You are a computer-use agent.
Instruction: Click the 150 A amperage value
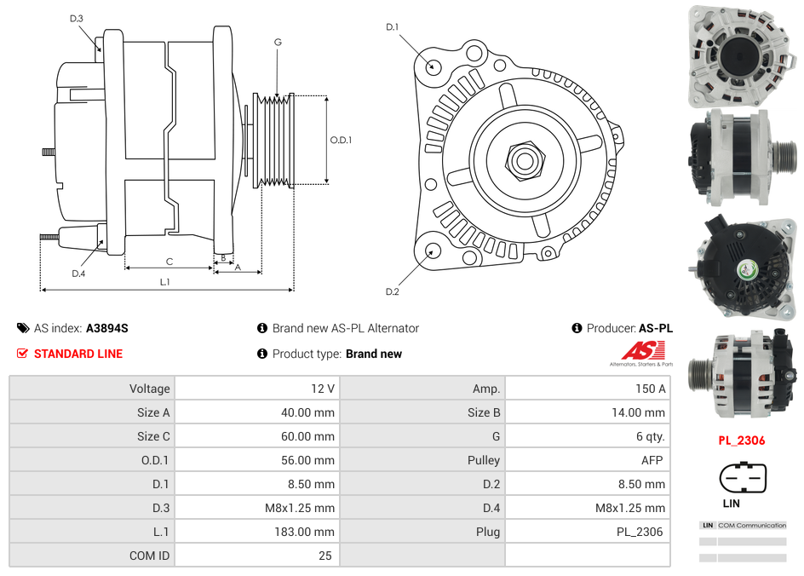click(x=651, y=389)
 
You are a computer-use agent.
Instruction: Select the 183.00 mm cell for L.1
click(x=312, y=532)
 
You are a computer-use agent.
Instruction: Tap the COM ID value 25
click(x=325, y=556)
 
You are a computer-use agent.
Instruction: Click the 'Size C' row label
click(x=153, y=436)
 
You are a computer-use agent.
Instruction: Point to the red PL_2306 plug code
click(x=741, y=441)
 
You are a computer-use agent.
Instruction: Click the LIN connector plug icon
click(x=743, y=478)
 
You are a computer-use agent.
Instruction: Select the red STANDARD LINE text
click(x=78, y=354)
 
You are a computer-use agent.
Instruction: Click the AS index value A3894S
click(x=107, y=328)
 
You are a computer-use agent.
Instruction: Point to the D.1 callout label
click(x=392, y=27)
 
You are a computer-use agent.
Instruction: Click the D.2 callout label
click(x=392, y=292)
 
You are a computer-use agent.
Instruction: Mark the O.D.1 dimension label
click(x=341, y=141)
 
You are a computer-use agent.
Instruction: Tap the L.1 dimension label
click(x=165, y=281)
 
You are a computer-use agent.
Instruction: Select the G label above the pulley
click(x=278, y=42)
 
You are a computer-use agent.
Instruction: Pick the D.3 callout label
click(x=77, y=18)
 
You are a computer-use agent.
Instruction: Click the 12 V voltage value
click(x=323, y=389)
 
